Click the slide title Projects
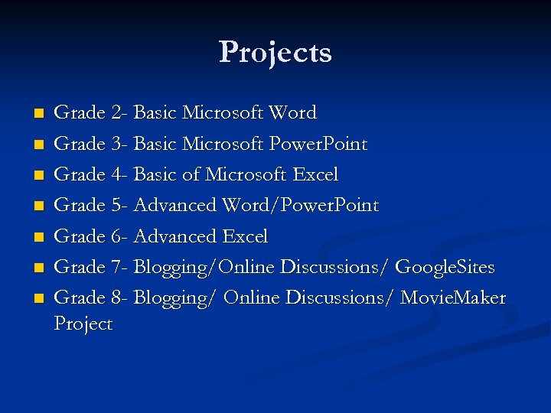(x=275, y=53)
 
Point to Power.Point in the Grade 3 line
(x=318, y=144)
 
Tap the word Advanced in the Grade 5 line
(x=175, y=206)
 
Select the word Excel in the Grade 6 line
(x=244, y=236)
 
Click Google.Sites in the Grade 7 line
(x=446, y=267)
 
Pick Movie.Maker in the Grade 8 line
(x=455, y=298)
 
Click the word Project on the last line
(x=83, y=324)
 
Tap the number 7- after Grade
(x=119, y=267)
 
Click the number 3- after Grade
(x=119, y=144)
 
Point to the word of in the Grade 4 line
(x=190, y=174)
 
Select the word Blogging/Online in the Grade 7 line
(x=204, y=268)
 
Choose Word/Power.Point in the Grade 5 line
(x=301, y=206)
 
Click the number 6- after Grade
(x=119, y=236)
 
